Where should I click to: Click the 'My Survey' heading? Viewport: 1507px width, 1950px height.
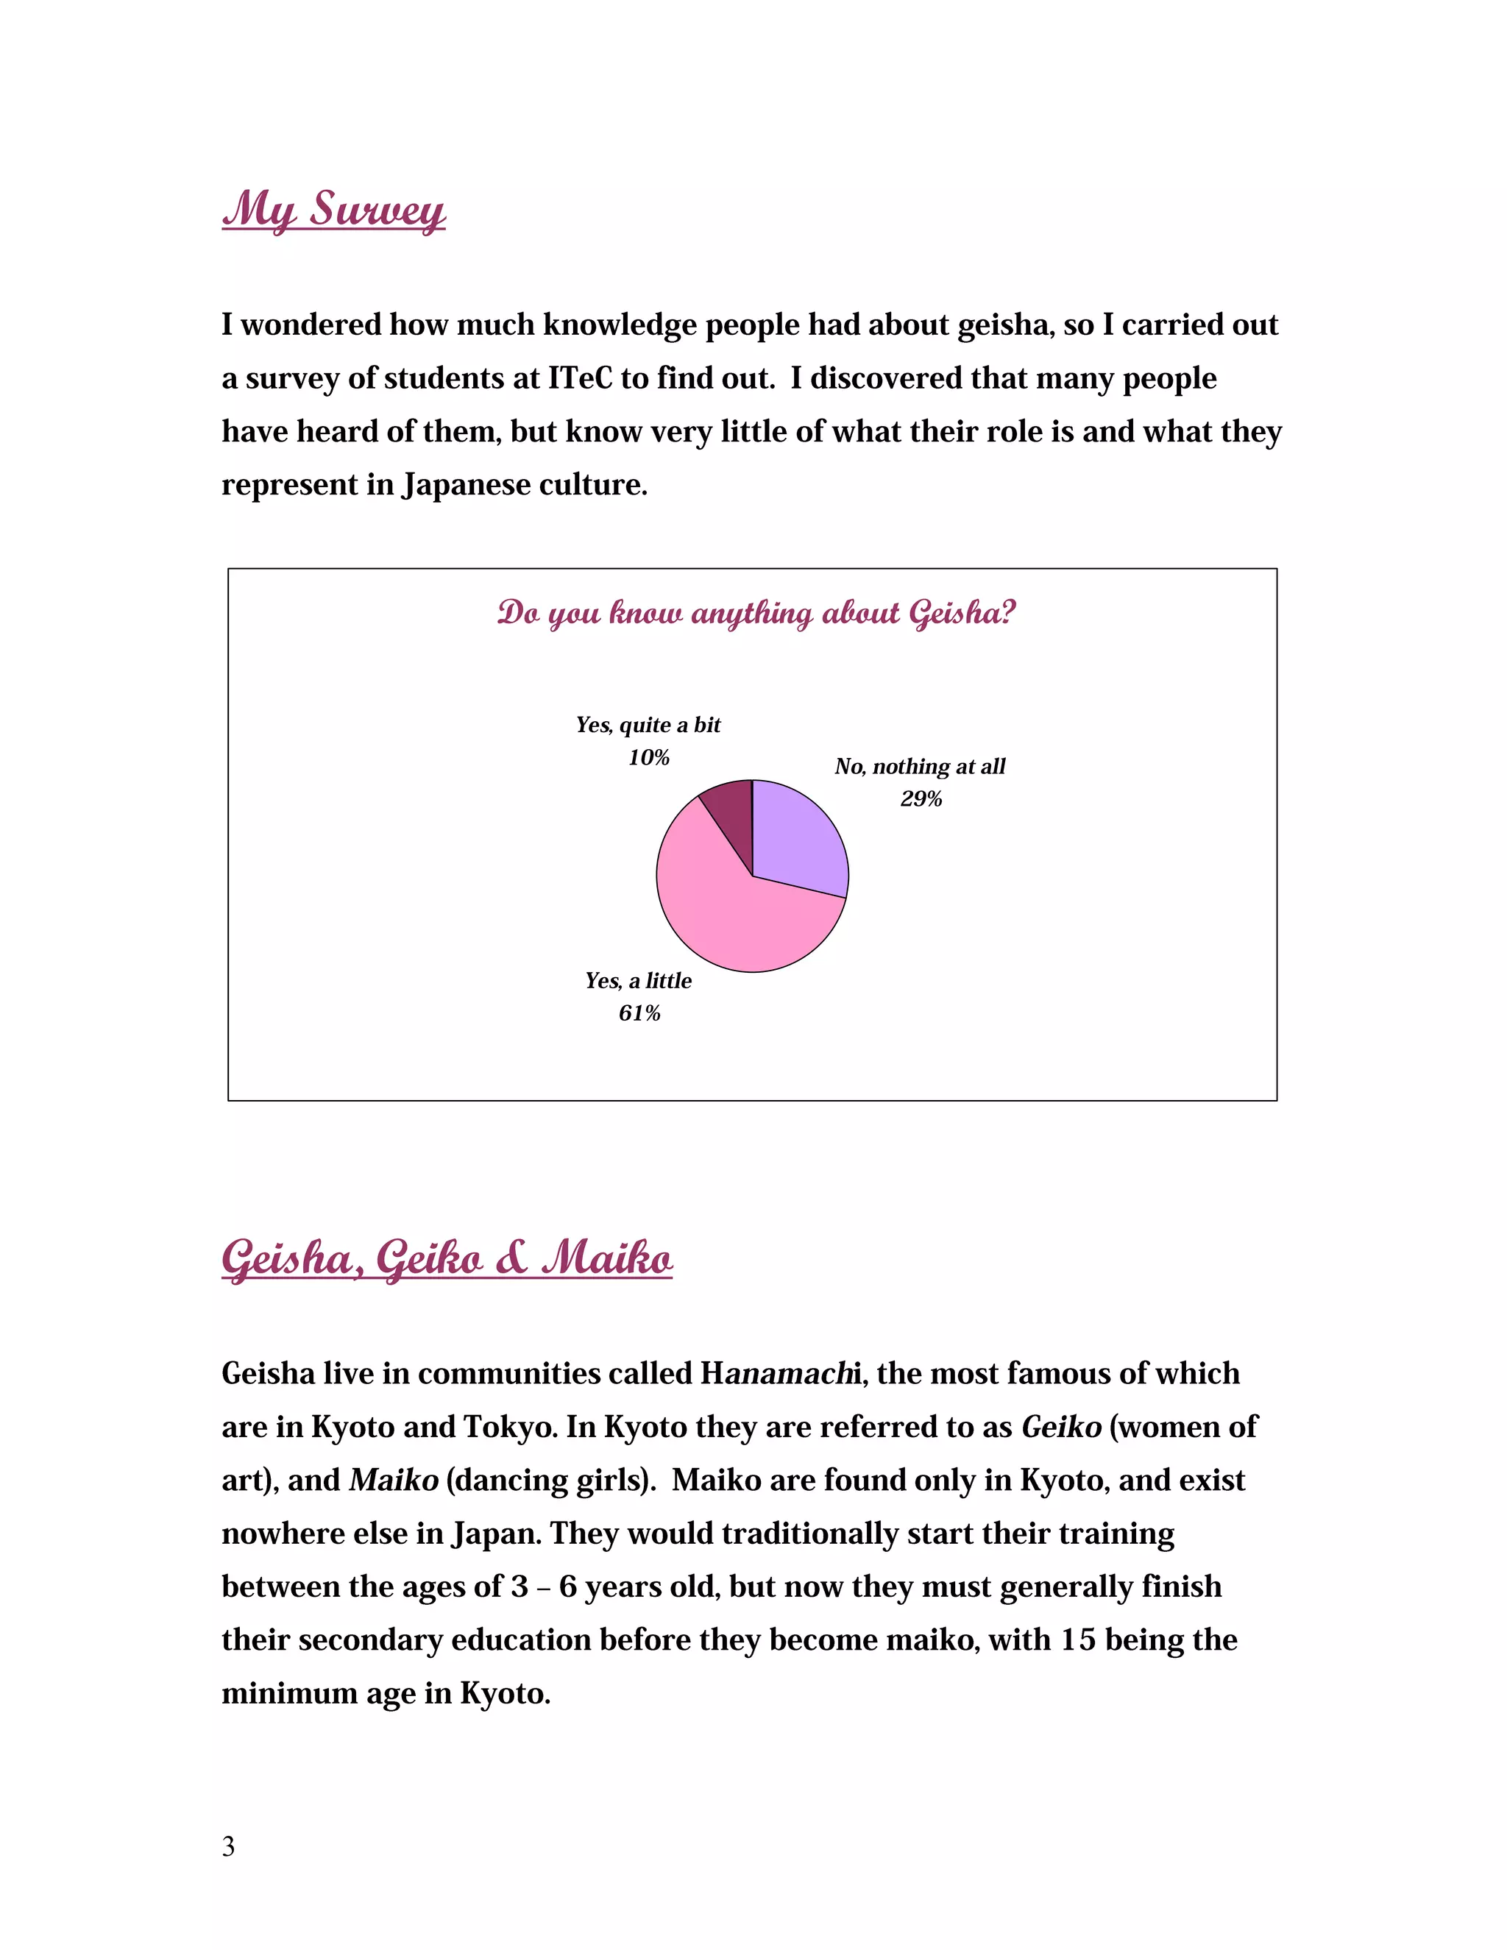pyautogui.click(x=333, y=210)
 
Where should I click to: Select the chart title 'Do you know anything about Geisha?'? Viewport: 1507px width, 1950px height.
pyautogui.click(x=756, y=614)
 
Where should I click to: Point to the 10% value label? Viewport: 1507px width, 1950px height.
pyautogui.click(x=648, y=758)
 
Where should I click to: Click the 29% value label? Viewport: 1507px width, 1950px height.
pyautogui.click(x=921, y=799)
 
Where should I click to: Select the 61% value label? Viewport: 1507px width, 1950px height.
pyautogui.click(x=639, y=1013)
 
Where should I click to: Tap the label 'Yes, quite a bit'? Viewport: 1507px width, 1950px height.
pyautogui.click(x=648, y=725)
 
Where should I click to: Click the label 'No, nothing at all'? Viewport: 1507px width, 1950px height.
pyautogui.click(x=920, y=766)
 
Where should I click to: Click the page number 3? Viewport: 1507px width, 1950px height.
pyautogui.click(x=229, y=1846)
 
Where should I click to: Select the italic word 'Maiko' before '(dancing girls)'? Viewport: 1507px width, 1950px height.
pyautogui.click(x=394, y=1480)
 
